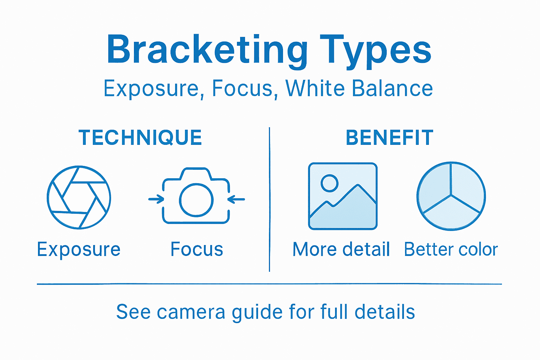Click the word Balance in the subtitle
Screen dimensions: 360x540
coord(392,88)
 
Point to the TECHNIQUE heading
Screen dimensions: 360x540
coord(140,137)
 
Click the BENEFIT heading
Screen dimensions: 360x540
coord(390,137)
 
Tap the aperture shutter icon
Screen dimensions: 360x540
coord(79,197)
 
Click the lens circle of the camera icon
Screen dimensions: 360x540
coord(196,200)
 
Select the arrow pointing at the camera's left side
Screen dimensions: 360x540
coord(156,199)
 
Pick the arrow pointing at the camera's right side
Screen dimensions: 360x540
coord(236,199)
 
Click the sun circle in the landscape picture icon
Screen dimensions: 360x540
coord(329,183)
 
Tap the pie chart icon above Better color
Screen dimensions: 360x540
coord(451,196)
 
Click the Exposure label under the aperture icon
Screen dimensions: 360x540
coord(79,250)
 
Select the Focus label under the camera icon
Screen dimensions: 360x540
coord(197,249)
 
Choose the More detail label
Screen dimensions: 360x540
coord(341,249)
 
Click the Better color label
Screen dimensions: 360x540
coord(451,249)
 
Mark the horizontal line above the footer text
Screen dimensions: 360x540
coord(269,284)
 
